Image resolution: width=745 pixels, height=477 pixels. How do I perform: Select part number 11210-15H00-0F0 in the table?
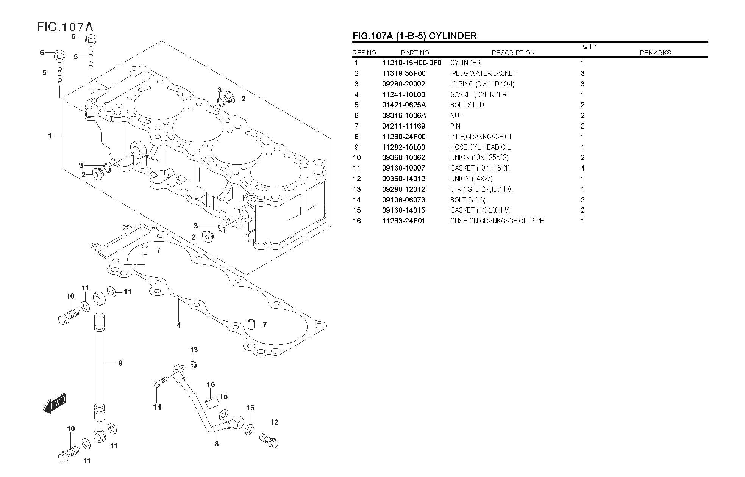click(411, 63)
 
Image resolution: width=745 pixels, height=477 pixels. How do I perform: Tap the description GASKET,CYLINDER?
click(478, 95)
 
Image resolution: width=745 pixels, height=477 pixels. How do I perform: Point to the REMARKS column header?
click(655, 53)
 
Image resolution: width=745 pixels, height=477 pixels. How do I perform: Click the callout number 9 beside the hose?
click(120, 363)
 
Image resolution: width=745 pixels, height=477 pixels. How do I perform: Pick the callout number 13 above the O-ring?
click(194, 350)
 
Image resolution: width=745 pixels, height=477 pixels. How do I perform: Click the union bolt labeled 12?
click(269, 440)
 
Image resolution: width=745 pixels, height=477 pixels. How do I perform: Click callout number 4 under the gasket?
click(179, 325)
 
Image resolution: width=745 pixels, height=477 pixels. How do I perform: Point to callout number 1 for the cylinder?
click(50, 136)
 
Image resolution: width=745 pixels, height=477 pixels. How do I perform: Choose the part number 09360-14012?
click(403, 179)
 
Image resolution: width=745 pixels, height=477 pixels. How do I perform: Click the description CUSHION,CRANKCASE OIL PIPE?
click(497, 221)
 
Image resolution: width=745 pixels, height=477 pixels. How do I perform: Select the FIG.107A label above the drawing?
click(65, 27)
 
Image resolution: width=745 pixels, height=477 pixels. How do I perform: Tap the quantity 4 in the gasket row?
click(582, 168)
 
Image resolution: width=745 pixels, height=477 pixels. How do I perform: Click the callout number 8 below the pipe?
click(216, 444)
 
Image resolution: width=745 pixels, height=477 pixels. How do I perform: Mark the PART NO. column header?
click(415, 53)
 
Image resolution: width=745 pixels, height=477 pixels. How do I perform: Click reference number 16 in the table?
click(356, 221)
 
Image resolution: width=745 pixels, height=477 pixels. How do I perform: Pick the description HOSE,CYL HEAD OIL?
click(480, 147)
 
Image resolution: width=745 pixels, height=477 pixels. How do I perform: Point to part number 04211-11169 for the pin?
click(403, 126)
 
